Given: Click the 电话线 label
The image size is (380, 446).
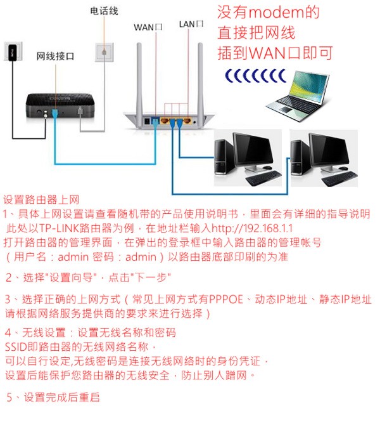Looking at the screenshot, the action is click(x=104, y=11).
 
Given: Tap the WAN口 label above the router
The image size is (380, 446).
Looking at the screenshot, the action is click(x=148, y=27).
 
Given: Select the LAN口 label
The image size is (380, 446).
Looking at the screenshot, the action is click(x=191, y=24).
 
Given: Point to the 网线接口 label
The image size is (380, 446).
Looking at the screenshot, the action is click(x=55, y=56).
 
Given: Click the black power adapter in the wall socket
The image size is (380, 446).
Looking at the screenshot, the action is click(x=12, y=52).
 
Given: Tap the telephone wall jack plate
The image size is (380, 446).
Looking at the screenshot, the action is click(x=104, y=52).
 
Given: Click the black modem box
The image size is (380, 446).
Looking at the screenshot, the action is click(x=60, y=105).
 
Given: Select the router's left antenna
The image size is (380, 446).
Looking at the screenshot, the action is click(x=139, y=80).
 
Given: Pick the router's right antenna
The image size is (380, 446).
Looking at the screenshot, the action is click(x=200, y=80).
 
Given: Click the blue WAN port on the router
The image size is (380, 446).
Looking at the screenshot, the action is click(x=155, y=121).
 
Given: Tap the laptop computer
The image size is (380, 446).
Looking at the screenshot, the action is click(x=298, y=96).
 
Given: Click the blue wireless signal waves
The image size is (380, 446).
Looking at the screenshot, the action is click(x=256, y=75).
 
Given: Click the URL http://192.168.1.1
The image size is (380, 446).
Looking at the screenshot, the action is click(x=252, y=228).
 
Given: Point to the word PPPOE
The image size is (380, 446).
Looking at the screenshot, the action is click(x=226, y=299).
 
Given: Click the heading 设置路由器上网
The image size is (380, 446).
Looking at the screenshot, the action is click(x=41, y=200).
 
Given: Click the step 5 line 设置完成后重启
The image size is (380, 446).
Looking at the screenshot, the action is click(x=53, y=397).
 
